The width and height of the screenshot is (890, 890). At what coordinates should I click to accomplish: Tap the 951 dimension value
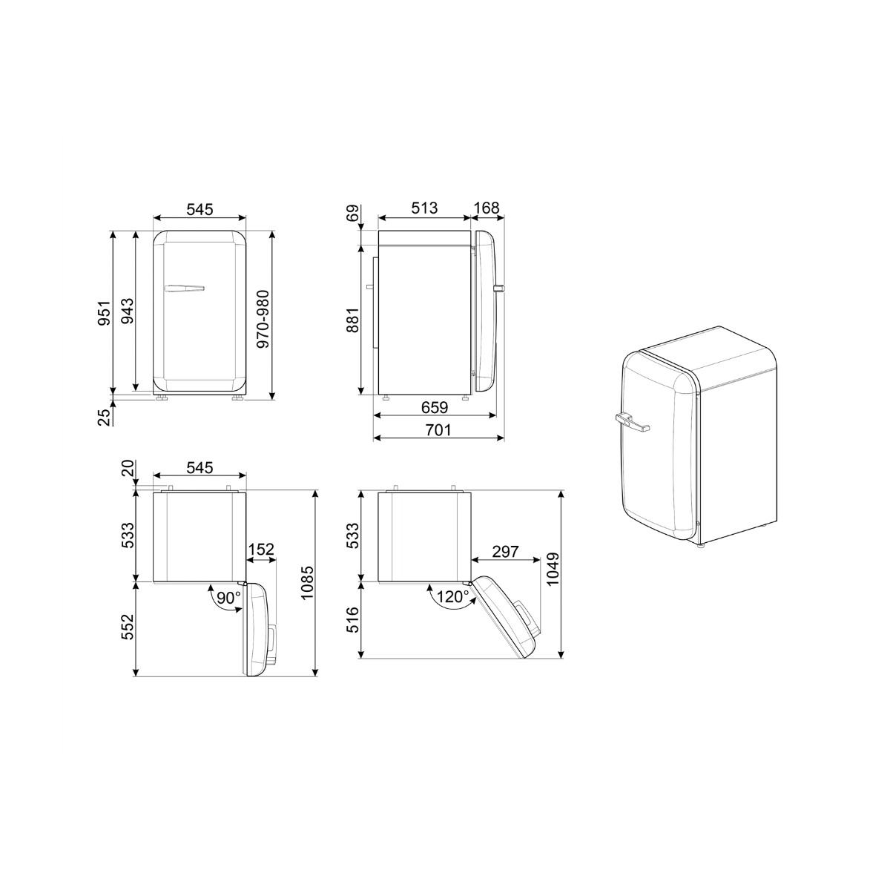[x=105, y=313]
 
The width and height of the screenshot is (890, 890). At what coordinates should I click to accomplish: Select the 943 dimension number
[x=127, y=310]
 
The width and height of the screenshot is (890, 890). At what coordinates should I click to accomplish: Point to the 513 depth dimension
[x=424, y=208]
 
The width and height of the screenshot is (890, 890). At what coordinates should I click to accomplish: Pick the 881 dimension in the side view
[x=353, y=320]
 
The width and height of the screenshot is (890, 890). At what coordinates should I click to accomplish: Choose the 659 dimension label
[x=435, y=407]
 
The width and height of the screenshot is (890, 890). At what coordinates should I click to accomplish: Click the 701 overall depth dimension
[x=438, y=430]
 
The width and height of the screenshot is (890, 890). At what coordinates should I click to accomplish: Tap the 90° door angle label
[x=228, y=598]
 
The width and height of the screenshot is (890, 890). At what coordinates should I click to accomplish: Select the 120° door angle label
[x=452, y=597]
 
